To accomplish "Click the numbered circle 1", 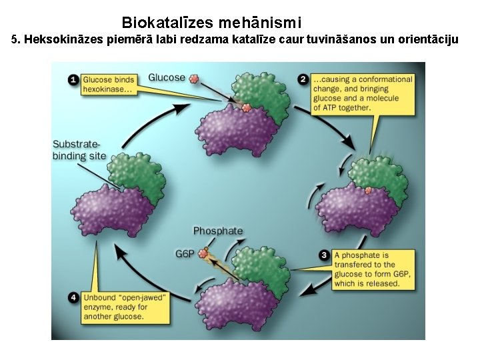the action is (x=73, y=80).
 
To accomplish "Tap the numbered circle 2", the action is (x=303, y=79).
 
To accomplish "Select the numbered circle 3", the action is (x=324, y=255).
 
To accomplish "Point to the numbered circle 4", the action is (x=74, y=297).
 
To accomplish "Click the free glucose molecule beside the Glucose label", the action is (x=194, y=79).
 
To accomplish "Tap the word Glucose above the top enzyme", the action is (x=167, y=77).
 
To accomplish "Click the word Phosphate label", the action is (x=218, y=231).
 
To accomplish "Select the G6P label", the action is (x=185, y=254).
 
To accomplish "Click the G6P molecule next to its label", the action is (x=203, y=253).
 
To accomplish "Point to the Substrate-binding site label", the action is (x=79, y=150).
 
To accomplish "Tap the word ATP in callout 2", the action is (x=330, y=108).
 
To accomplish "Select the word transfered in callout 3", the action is (x=350, y=265).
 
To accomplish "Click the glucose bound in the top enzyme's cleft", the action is (x=246, y=107).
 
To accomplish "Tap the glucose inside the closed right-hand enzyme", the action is (x=369, y=191).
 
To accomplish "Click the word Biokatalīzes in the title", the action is (x=167, y=23).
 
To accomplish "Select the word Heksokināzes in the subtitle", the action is (x=64, y=39).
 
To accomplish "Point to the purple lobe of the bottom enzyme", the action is (x=236, y=303).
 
